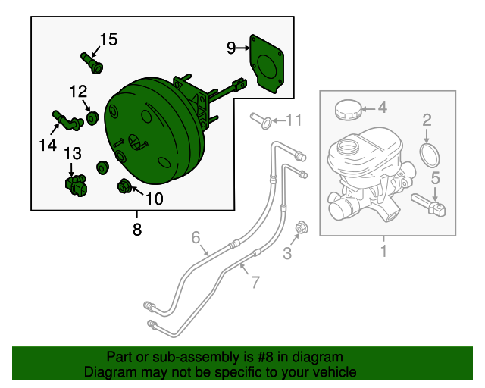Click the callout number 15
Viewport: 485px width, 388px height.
click(x=108, y=39)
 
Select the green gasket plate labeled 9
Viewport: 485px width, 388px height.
click(x=267, y=64)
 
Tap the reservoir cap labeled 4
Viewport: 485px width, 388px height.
click(x=349, y=110)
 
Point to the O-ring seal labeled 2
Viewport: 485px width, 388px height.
click(x=430, y=155)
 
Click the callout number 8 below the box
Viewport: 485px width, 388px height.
click(x=137, y=230)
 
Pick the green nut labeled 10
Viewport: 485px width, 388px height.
click(x=124, y=186)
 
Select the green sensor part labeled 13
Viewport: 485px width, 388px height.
click(x=76, y=186)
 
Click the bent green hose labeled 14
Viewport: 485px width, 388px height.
click(x=67, y=120)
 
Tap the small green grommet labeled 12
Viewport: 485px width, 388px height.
click(x=92, y=118)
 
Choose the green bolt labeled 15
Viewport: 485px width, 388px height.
click(x=92, y=64)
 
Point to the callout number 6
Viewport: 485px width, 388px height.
click(x=196, y=238)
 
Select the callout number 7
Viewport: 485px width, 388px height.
click(x=255, y=282)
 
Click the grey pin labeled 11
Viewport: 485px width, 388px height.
click(x=261, y=121)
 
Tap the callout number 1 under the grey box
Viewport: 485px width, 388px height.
click(x=384, y=252)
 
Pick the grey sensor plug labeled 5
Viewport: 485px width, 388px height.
click(x=428, y=205)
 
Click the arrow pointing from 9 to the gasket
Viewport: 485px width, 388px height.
click(x=242, y=48)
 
